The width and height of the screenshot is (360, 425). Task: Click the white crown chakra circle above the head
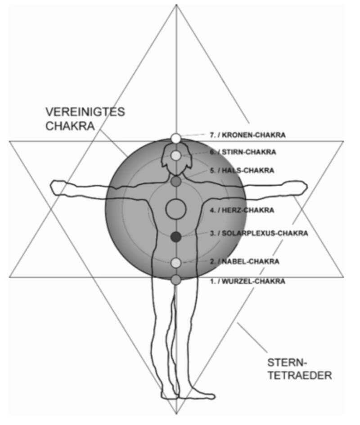point(176,138)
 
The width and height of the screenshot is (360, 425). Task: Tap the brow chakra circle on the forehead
point(176,155)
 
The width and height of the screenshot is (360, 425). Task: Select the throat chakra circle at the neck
point(176,181)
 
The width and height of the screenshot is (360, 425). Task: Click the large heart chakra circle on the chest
point(176,208)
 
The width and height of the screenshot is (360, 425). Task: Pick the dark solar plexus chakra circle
point(176,236)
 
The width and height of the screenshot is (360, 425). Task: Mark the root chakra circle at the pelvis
point(176,280)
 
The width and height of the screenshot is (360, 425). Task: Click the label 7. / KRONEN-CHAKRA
point(248,134)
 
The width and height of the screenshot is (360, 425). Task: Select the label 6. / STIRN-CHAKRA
point(243,152)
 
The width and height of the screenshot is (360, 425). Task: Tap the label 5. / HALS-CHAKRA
point(242,171)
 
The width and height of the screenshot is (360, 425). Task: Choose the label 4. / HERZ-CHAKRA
point(242,210)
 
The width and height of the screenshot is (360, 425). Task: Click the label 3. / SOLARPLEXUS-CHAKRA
point(259,233)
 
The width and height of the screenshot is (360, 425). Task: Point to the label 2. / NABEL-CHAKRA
point(244,261)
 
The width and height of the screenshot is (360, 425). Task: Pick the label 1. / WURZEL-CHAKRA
point(247,281)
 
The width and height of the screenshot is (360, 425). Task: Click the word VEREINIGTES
point(85,112)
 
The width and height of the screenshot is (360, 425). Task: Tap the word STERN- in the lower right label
point(287,362)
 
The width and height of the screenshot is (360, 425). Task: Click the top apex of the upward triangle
point(176,5)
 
